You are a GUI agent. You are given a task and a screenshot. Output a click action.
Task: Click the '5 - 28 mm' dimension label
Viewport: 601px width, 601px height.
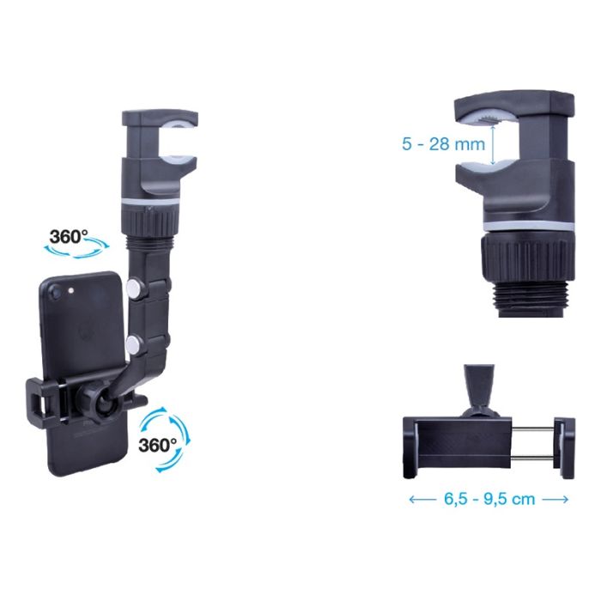click(444, 144)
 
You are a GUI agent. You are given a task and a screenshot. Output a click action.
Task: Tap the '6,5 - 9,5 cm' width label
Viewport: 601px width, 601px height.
click(489, 499)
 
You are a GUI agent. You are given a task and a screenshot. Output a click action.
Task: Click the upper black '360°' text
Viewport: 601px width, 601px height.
click(69, 236)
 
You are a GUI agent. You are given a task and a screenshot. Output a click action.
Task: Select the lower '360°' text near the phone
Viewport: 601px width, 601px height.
click(157, 445)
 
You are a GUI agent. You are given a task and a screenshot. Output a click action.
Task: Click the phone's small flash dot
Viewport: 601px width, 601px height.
click(70, 290)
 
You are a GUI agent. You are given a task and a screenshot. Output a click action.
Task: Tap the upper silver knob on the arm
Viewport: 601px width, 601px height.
click(133, 288)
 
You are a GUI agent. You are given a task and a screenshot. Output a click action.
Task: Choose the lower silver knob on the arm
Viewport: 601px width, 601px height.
click(133, 343)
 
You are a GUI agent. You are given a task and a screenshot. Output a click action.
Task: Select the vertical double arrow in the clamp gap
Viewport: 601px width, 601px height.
click(494, 146)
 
